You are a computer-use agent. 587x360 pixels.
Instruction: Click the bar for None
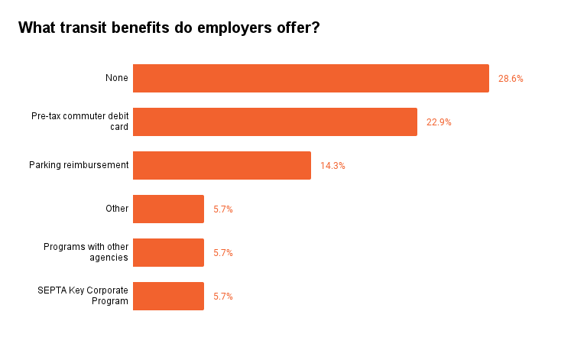[x=311, y=78]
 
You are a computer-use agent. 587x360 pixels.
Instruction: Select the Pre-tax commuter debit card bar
[x=275, y=122]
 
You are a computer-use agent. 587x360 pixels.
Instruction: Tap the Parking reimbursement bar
[x=222, y=165]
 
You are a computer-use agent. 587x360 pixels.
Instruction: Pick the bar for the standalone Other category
[x=168, y=209]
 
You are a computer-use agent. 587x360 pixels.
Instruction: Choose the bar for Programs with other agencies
[x=168, y=252]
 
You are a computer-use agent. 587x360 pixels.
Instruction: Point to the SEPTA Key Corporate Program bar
[x=168, y=296]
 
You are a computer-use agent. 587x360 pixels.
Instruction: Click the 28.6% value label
[x=511, y=79]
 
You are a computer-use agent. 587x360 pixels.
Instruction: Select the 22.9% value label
[x=439, y=122]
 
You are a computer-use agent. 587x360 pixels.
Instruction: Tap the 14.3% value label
[x=332, y=166]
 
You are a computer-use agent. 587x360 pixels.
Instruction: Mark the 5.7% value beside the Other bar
[x=223, y=209]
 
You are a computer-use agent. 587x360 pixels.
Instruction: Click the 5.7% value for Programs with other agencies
[x=223, y=253]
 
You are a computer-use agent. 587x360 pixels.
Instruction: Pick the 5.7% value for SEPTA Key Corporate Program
[x=223, y=297]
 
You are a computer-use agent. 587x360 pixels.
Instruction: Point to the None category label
[x=117, y=78]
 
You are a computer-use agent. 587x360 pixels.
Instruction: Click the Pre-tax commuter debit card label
[x=80, y=122]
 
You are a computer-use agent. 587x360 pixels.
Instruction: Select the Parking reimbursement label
[x=79, y=165]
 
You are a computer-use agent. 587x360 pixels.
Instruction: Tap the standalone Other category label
[x=117, y=209]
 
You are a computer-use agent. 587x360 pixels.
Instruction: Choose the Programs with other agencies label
[x=86, y=252]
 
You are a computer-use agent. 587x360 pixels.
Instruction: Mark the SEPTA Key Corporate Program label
[x=83, y=296]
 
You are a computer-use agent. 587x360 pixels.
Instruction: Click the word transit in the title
[x=83, y=28]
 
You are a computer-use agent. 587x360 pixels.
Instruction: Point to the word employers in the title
[x=235, y=28]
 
